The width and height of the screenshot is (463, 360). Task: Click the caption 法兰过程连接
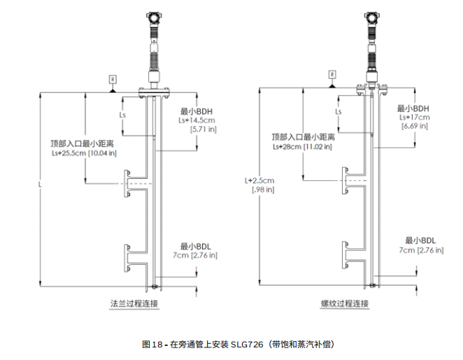[135, 303]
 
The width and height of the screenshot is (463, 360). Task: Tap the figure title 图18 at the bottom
[152, 345]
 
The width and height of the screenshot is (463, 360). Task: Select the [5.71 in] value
[203, 129]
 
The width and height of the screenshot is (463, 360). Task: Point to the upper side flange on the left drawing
[128, 184]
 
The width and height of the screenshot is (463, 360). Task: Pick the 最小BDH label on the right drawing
[413, 108]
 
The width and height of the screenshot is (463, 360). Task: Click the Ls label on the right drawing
[339, 112]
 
